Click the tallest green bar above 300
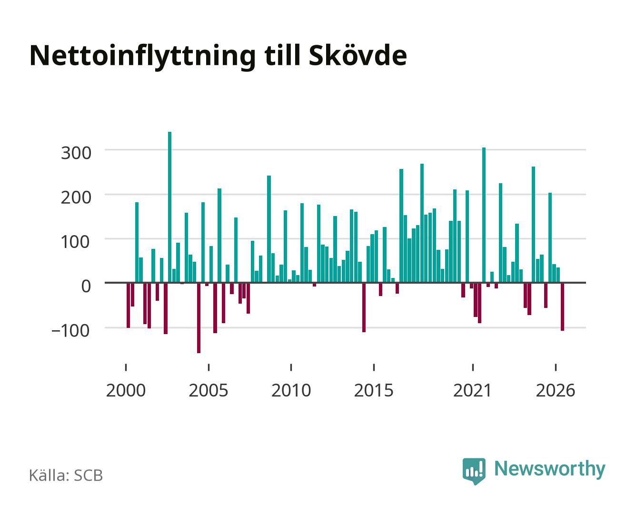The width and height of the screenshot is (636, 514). click(169, 207)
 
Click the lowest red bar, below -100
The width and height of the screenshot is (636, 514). click(199, 317)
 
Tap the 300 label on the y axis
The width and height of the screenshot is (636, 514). click(76, 153)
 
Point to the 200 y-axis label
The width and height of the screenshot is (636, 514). click(76, 198)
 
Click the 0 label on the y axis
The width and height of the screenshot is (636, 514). click(86, 286)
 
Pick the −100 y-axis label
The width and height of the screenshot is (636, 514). click(71, 330)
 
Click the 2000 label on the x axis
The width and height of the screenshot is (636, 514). click(126, 390)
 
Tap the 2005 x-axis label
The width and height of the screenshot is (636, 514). click(209, 390)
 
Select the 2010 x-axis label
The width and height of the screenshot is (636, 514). click(291, 390)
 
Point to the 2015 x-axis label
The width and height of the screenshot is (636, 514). click(374, 390)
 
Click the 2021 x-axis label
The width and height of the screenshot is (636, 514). click(472, 390)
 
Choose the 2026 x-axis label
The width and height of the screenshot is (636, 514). click(556, 390)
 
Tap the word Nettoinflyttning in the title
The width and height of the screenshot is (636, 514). click(143, 57)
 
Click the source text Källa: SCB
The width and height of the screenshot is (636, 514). click(66, 475)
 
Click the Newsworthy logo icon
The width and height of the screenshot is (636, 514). click(474, 471)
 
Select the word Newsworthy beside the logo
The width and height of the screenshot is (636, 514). click(550, 470)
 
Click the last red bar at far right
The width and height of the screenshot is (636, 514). click(562, 306)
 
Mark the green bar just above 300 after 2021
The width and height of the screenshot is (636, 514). click(484, 215)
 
